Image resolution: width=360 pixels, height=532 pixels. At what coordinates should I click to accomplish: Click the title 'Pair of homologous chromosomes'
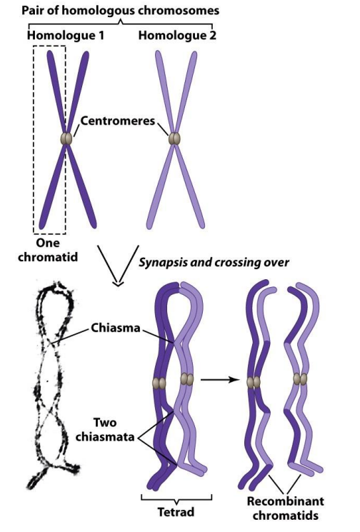point(121,10)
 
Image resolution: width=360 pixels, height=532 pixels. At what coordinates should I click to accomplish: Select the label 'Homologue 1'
point(66,35)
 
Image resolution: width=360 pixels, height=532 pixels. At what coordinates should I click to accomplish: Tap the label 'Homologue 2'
point(177,35)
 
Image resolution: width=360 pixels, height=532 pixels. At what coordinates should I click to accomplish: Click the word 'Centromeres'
point(118,121)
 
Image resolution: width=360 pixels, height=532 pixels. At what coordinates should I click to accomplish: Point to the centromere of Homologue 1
point(66,139)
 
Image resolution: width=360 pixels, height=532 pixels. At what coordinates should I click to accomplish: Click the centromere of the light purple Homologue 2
point(174,139)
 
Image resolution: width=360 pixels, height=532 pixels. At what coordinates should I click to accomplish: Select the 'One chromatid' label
point(48,250)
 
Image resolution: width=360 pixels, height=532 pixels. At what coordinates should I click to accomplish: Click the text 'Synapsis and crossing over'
point(214,262)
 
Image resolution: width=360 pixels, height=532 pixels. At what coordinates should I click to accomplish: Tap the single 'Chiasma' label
point(116,328)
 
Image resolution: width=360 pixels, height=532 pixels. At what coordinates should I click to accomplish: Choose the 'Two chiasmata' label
point(105,430)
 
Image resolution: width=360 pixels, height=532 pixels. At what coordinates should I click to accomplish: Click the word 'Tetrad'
point(176,512)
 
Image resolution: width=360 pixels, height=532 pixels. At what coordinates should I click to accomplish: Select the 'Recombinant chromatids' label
point(285,508)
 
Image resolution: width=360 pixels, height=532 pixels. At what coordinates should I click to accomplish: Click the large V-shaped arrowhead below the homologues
point(118,266)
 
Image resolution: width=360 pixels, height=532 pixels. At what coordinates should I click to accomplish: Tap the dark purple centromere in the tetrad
point(159,383)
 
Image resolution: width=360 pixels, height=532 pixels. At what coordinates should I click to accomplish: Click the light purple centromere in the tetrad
point(186,379)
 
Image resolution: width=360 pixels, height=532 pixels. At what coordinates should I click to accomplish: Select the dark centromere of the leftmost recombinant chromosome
point(253,382)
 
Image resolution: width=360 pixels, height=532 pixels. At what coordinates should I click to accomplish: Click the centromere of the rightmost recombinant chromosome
point(300,378)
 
